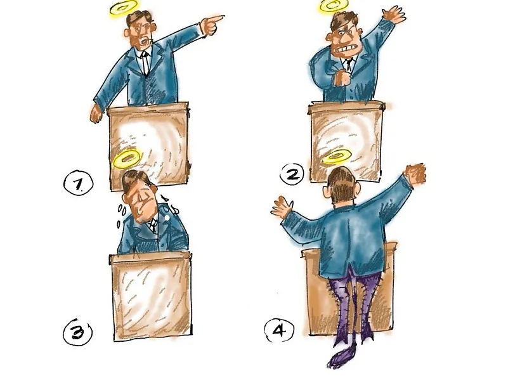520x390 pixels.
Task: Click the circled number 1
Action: pos(78,184)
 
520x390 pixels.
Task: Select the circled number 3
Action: pos(77,332)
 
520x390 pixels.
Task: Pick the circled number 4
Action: pos(279,330)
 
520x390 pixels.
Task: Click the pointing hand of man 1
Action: pos(211,25)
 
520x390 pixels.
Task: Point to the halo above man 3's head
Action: pos(126,159)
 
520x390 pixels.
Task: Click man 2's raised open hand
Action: pos(394,15)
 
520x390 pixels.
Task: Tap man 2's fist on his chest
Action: pos(342,78)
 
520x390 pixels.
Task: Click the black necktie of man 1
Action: pos(145,62)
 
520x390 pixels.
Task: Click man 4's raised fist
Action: pos(416,173)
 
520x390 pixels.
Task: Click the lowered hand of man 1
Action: pos(96,114)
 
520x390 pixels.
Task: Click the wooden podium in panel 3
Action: pos(151,296)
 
